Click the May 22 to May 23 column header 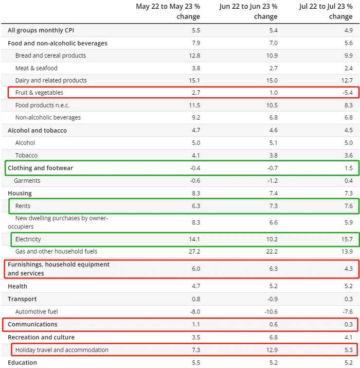(x=168, y=11)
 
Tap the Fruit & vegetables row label (x=39, y=92)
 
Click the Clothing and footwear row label (x=40, y=168)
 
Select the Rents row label (x=23, y=206)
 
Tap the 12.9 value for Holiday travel (x=271, y=350)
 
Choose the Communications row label (x=33, y=324)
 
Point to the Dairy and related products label (x=51, y=80)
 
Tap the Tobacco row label (x=26, y=156)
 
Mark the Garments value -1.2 (x=271, y=181)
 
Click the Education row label (x=22, y=363)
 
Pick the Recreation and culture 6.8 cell (x=272, y=337)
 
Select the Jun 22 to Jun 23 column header (x=248, y=11)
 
